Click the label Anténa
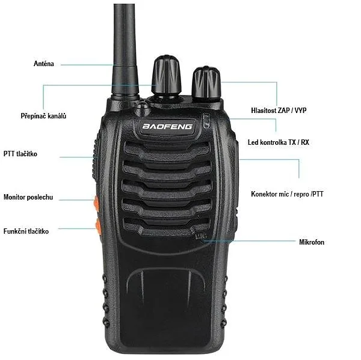[44, 64]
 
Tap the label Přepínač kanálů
[43, 115]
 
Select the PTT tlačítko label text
[20, 153]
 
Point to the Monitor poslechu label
[28, 197]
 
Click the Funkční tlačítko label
[26, 231]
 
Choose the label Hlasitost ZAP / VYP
[279, 110]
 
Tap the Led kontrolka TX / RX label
[279, 142]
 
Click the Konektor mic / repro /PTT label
[287, 194]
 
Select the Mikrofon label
[312, 242]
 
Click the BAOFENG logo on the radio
[167, 126]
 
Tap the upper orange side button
[96, 204]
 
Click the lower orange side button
[98, 227]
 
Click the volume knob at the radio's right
[206, 83]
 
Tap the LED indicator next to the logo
[206, 121]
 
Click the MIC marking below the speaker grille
[201, 236]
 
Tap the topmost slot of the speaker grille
[167, 148]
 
